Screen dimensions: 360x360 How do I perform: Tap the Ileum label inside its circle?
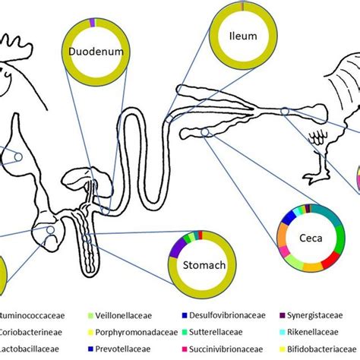pyautogui.click(x=243, y=35)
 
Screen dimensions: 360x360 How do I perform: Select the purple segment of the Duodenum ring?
pyautogui.click(x=91, y=24)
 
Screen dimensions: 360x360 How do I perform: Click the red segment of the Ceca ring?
pyautogui.click(x=331, y=261)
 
